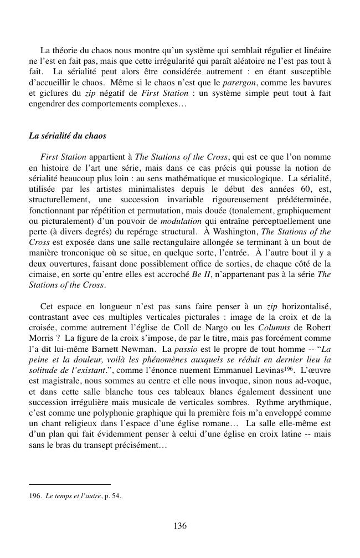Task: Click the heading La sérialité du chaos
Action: coord(68,136)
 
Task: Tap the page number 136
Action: coord(179,526)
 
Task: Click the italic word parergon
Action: coord(238,83)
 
